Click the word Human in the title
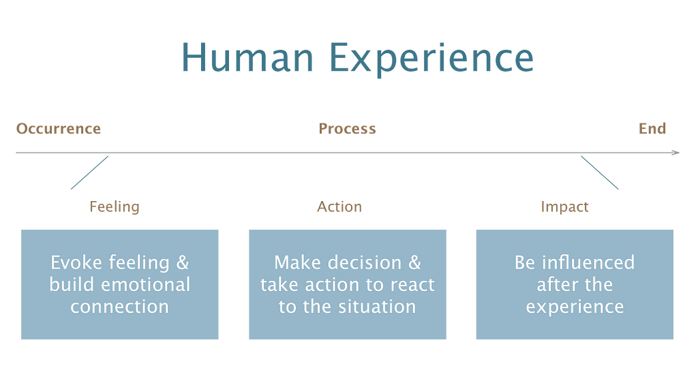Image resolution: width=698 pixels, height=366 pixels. pyautogui.click(x=247, y=57)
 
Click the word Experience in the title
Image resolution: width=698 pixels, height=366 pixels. pyautogui.click(x=431, y=60)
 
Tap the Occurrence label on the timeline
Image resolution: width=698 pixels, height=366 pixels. pyautogui.click(x=59, y=129)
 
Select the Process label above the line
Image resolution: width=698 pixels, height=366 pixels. pyautogui.click(x=347, y=129)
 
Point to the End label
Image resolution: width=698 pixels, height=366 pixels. pyautogui.click(x=652, y=129)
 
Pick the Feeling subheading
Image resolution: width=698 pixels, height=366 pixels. pyautogui.click(x=115, y=207)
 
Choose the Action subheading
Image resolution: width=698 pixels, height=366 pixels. pyautogui.click(x=339, y=207)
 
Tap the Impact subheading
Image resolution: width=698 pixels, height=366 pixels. pyautogui.click(x=564, y=207)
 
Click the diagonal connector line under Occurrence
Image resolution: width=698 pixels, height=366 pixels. pyautogui.click(x=89, y=172)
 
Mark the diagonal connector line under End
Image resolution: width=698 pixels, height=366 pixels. pyautogui.click(x=600, y=172)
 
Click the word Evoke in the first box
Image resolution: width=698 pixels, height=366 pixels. pyautogui.click(x=76, y=262)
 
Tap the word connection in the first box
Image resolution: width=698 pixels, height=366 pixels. pyautogui.click(x=120, y=307)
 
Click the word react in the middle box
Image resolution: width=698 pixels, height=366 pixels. pyautogui.click(x=412, y=285)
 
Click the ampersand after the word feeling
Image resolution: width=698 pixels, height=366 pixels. pyautogui.click(x=183, y=262)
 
